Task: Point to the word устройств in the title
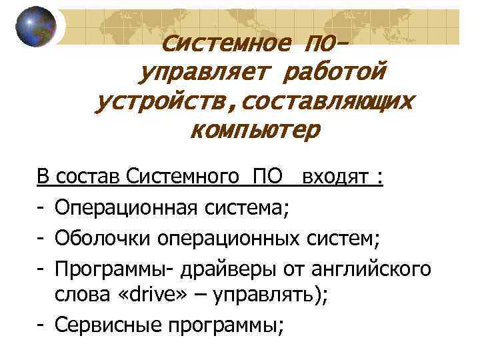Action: tap(164, 101)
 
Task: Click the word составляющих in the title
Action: tap(327, 101)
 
